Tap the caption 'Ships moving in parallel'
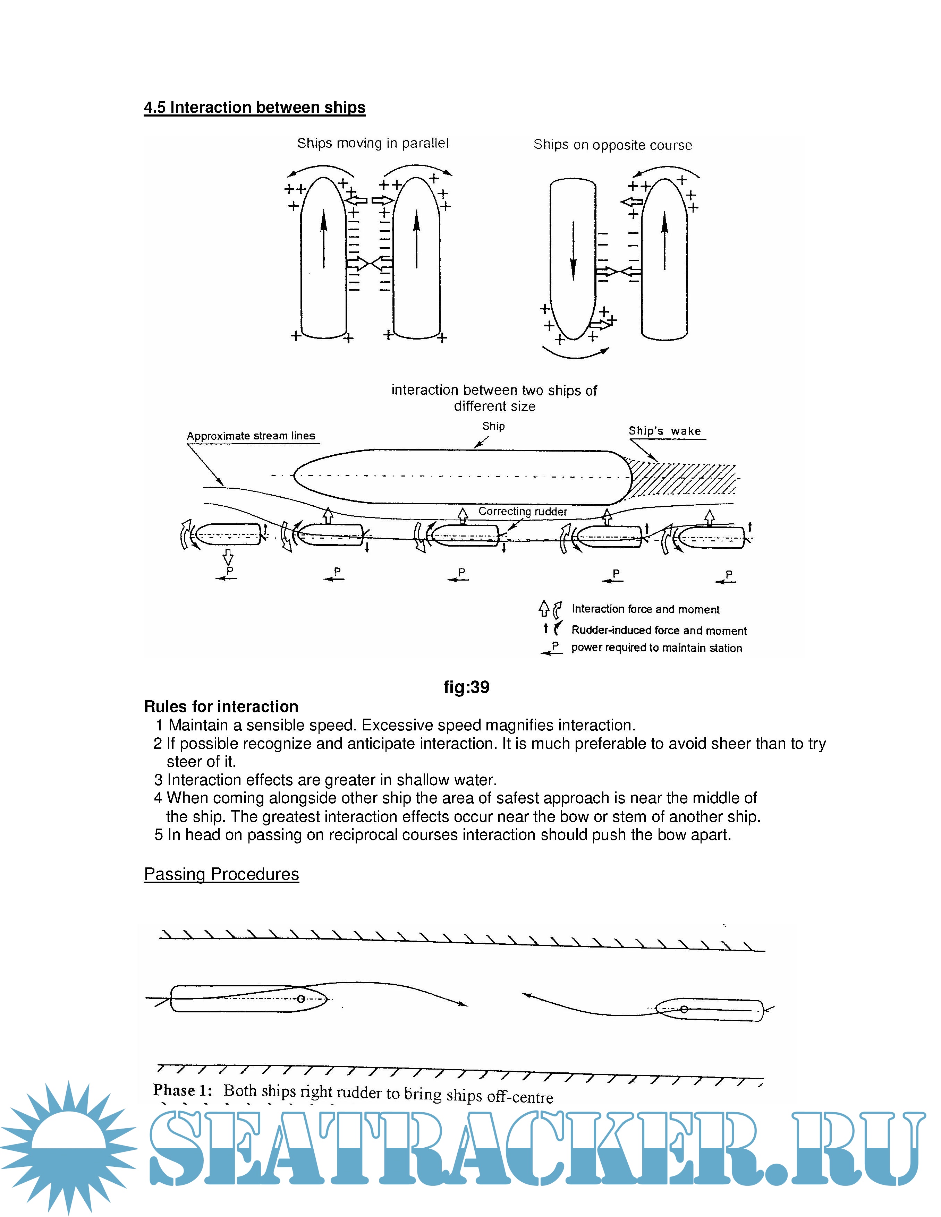(372, 143)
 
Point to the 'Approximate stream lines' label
(251, 436)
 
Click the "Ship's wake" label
(664, 431)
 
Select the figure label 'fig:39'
(466, 687)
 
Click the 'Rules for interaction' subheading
(221, 706)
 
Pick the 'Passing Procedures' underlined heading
(221, 874)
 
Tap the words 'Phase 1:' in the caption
(182, 1090)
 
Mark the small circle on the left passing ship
(301, 999)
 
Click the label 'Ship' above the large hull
(493, 426)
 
